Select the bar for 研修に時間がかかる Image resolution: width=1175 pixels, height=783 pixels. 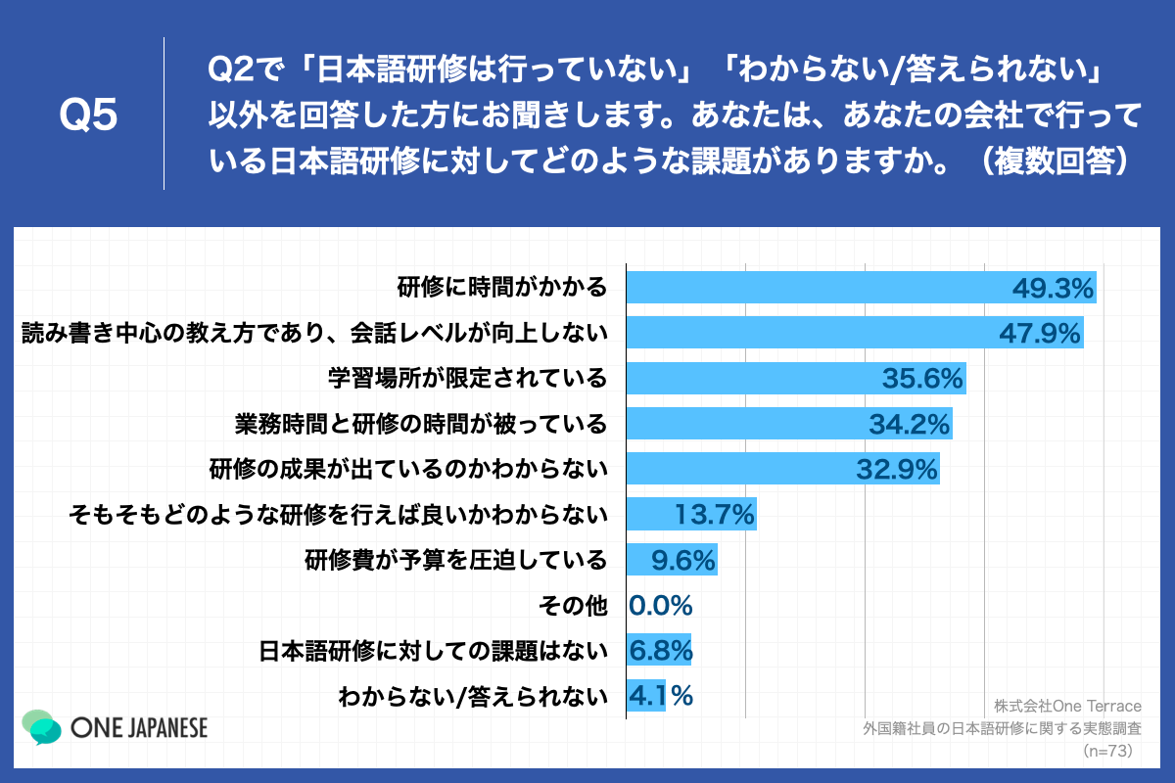tap(813, 288)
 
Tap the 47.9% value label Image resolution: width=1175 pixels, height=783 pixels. tap(1039, 333)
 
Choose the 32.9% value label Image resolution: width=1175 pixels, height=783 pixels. tap(897, 469)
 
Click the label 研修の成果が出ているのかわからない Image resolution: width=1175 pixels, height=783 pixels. tap(408, 469)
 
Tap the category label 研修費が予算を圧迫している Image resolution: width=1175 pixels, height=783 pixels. tap(455, 560)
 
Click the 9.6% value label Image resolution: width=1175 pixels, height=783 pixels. tap(684, 560)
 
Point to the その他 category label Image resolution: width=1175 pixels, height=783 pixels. tap(573, 605)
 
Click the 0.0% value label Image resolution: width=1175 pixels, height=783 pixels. tap(661, 605)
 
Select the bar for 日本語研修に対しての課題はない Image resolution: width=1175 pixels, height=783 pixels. tap(658, 650)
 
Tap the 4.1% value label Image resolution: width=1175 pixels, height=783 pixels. tap(663, 695)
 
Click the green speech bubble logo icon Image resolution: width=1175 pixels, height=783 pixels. tap(41, 726)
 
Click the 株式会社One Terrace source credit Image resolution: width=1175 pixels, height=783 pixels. tap(1068, 706)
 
